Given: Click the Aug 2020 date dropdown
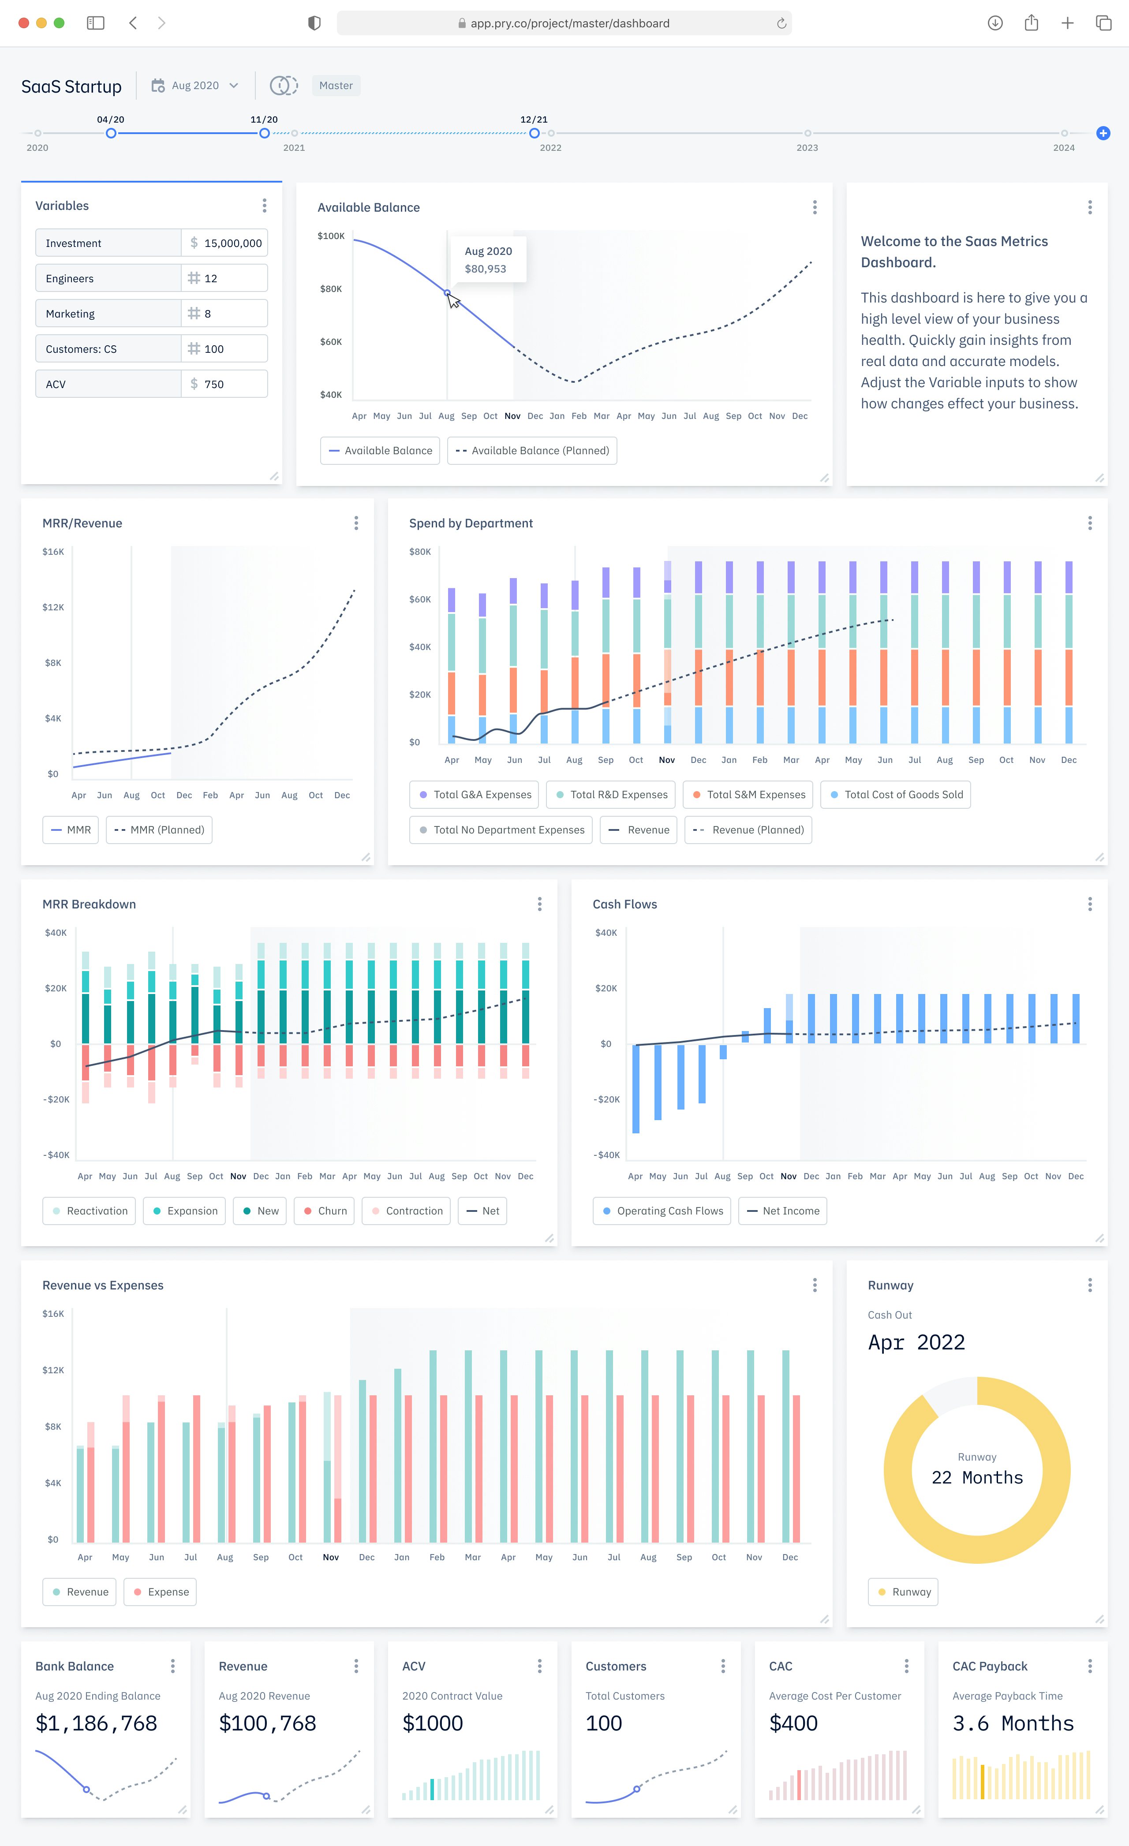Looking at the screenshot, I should [x=195, y=86].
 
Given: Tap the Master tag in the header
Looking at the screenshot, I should [x=336, y=86].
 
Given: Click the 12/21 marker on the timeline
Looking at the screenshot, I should [x=534, y=133].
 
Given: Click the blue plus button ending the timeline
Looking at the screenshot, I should [x=1103, y=133].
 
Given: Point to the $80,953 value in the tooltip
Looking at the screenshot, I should [x=486, y=269].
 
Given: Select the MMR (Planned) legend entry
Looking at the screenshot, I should [x=160, y=830].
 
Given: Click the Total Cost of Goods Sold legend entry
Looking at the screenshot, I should [x=896, y=795].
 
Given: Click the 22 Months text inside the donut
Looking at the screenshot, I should [x=977, y=1477].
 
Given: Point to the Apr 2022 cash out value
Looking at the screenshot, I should [x=916, y=1342].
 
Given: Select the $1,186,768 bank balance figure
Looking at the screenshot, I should [x=97, y=1723].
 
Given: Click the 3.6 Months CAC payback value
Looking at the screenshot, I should [x=1013, y=1723].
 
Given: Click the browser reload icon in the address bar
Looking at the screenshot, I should [x=781, y=23].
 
